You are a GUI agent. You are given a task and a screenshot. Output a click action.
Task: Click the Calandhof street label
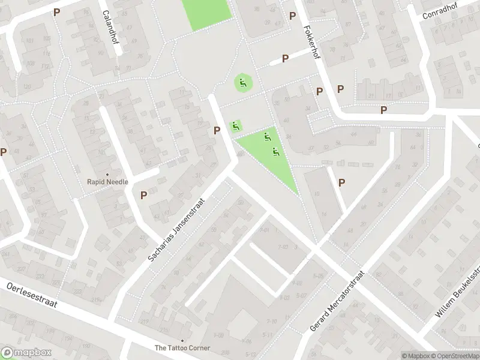(110, 26)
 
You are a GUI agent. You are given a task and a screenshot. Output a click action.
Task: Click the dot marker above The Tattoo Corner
(182, 340)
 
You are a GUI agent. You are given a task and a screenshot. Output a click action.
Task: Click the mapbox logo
(26, 352)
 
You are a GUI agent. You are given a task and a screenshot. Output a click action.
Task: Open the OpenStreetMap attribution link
(457, 355)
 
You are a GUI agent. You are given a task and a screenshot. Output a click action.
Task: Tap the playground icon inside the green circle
(243, 83)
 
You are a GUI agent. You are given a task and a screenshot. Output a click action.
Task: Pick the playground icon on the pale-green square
(236, 126)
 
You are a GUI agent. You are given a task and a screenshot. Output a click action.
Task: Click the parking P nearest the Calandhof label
(57, 12)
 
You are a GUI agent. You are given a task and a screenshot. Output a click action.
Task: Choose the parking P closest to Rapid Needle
(144, 194)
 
